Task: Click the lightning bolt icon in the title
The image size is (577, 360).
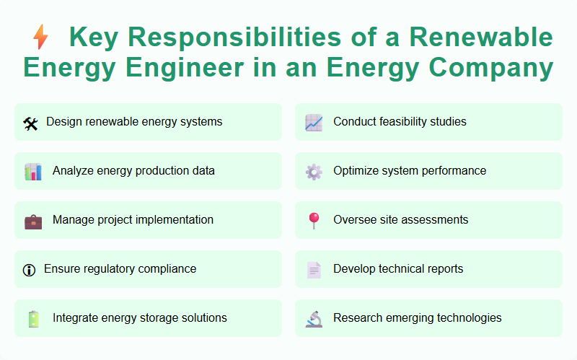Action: pyautogui.click(x=41, y=37)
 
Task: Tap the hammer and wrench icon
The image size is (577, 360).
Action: pyautogui.click(x=30, y=123)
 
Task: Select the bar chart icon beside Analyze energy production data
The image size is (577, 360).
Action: pyautogui.click(x=33, y=172)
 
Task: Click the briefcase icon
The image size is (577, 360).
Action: pyautogui.click(x=33, y=221)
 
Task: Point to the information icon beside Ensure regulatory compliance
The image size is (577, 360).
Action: pyautogui.click(x=30, y=270)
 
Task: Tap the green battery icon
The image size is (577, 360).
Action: pyautogui.click(x=33, y=319)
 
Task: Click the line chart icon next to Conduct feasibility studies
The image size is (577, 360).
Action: pyautogui.click(x=314, y=123)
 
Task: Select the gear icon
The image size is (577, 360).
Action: pyautogui.click(x=314, y=172)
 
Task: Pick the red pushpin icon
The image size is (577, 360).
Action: pyautogui.click(x=314, y=221)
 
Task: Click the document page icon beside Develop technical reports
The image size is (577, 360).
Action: pyautogui.click(x=314, y=270)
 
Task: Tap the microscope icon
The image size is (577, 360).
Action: pyautogui.click(x=314, y=319)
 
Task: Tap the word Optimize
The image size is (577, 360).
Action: pyautogui.click(x=356, y=171)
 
